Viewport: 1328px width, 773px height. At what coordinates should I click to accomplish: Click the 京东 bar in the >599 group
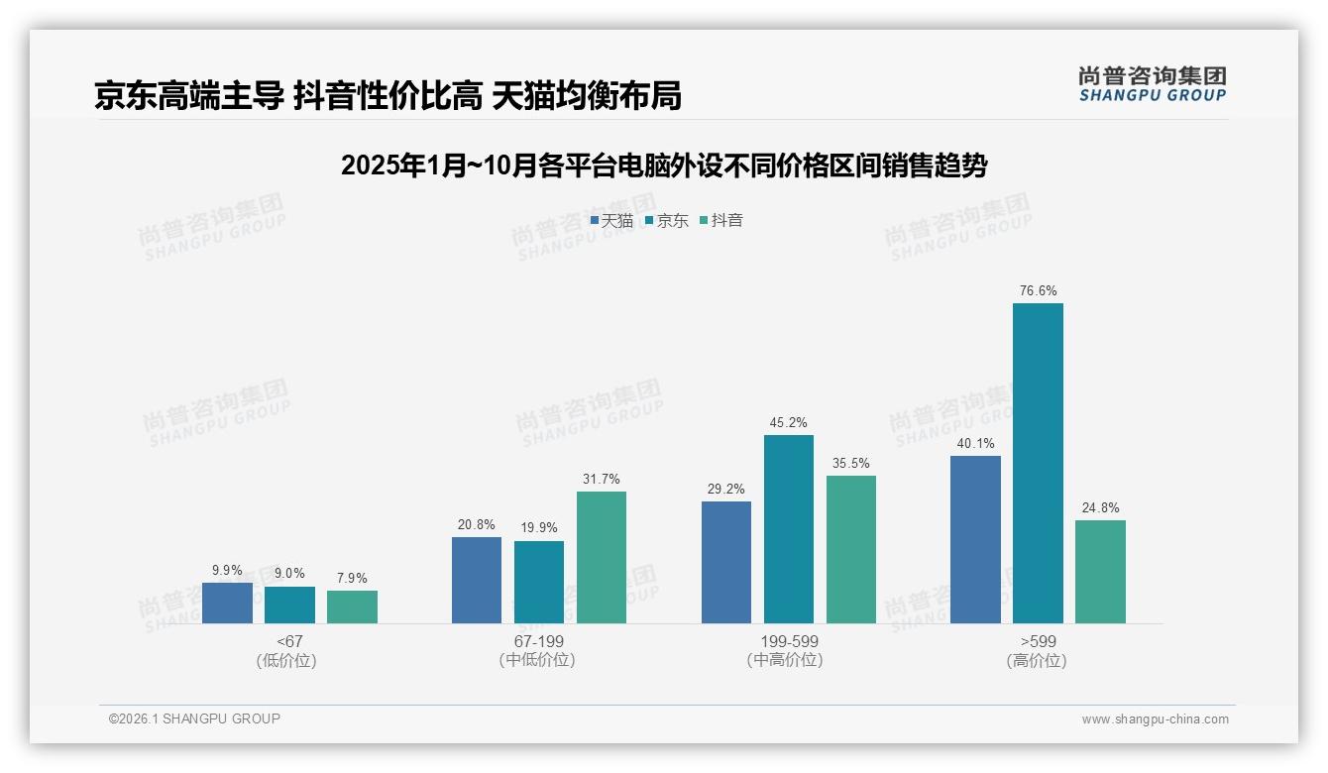pos(1038,463)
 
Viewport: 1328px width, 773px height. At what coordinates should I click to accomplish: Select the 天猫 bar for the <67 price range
pos(227,603)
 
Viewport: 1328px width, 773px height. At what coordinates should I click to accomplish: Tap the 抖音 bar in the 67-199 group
pos(602,557)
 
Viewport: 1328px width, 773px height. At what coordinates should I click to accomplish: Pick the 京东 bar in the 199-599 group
pos(788,529)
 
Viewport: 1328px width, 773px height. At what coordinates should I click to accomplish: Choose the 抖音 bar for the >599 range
pos(1100,572)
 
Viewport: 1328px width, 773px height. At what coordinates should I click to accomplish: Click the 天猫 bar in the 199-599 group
pos(726,562)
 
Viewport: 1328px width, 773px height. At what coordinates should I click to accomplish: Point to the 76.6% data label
pos(1038,291)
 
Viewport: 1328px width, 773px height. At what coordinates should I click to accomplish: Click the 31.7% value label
pos(602,480)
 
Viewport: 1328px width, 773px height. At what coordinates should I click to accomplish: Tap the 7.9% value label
pos(352,579)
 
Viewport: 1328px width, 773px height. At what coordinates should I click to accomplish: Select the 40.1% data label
pos(975,444)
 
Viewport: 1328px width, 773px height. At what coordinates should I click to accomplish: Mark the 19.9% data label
pos(539,528)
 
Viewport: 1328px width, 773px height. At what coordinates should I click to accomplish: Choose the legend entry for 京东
pos(667,221)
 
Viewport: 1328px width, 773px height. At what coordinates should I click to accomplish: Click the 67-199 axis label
pos(538,642)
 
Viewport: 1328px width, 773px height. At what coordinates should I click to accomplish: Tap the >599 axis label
pos(1037,642)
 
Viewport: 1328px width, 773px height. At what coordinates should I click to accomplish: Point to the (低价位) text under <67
pos(288,661)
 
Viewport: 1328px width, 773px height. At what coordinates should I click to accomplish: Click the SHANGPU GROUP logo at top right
pos(1152,84)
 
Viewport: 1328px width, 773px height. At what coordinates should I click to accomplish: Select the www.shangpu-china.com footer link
pos(1155,719)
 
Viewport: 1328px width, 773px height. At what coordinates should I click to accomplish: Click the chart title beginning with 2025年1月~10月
pos(663,166)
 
